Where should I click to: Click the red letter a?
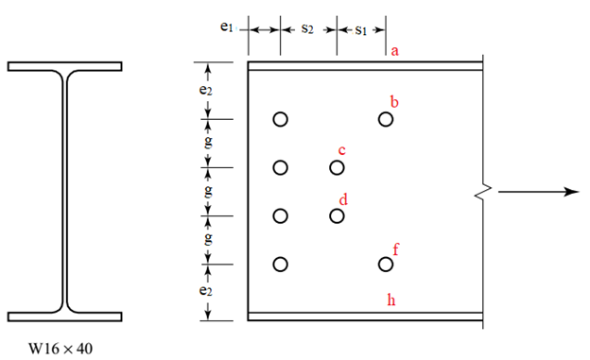[x=395, y=50]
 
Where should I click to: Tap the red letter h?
[x=392, y=300]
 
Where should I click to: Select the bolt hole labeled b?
[x=385, y=119]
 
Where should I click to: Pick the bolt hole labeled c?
[x=337, y=168]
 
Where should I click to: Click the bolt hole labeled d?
[x=337, y=216]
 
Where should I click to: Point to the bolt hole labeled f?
[x=385, y=265]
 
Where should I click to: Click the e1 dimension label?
[x=226, y=27]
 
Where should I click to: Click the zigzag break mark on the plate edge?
[x=483, y=192]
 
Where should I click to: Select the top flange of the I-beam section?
[x=64, y=66]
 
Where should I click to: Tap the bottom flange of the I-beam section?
[x=64, y=316]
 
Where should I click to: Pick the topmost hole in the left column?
[x=280, y=119]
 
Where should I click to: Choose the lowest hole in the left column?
[x=280, y=265]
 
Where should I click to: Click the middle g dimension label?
[x=208, y=191]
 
